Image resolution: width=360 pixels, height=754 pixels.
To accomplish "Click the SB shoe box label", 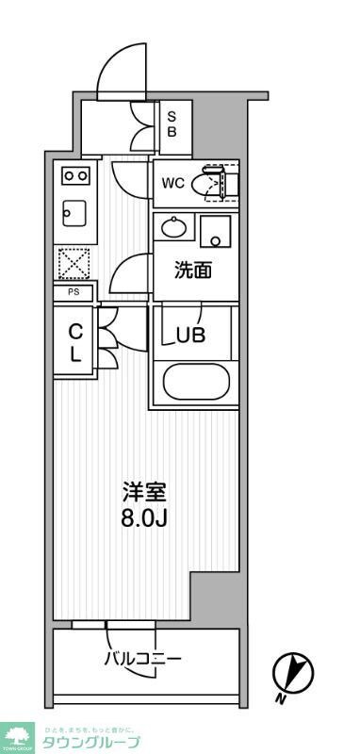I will (x=172, y=123).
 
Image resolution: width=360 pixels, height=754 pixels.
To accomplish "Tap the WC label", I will (x=172, y=183).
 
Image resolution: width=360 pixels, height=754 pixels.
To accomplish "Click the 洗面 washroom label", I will (x=193, y=270).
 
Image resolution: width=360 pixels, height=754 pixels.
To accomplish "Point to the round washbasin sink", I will (x=173, y=227).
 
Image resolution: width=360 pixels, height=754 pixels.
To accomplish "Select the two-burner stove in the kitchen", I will (x=74, y=174).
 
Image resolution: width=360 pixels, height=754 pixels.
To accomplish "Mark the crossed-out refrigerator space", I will (x=74, y=262).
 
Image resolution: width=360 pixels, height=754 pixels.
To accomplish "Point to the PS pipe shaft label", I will (x=74, y=293).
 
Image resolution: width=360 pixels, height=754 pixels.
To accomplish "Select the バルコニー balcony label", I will (x=142, y=659).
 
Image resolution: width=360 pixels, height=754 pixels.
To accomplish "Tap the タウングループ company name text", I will (x=92, y=743).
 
